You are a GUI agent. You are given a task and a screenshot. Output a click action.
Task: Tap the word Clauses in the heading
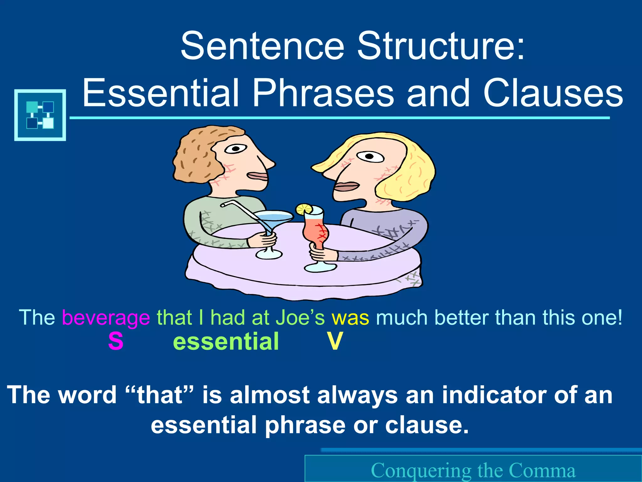coord(553,93)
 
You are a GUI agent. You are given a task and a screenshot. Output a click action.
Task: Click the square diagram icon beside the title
coord(40,115)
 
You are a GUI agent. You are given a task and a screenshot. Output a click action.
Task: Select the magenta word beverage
coord(106,318)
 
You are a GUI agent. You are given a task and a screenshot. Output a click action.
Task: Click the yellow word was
coord(350,318)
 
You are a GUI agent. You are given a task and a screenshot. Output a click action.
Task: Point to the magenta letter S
coord(116,341)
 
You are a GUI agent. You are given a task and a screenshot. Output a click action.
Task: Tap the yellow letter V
coord(335,341)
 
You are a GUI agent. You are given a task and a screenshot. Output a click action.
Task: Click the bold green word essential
coord(226,341)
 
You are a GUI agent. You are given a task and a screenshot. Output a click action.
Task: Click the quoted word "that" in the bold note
coord(160,395)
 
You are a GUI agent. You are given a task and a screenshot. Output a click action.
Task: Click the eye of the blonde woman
coord(370,156)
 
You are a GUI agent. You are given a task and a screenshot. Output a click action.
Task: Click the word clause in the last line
coord(426,426)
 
